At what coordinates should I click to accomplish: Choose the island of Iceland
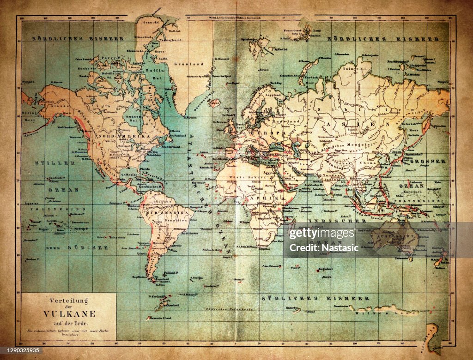(x=213, y=102)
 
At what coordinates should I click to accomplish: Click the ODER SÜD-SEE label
(x=76, y=248)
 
